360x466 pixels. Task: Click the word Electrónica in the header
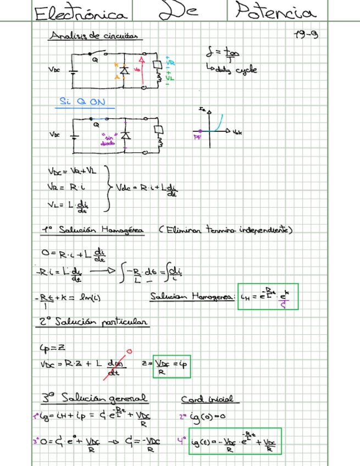[x=81, y=14]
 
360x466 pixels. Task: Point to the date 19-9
[x=306, y=35]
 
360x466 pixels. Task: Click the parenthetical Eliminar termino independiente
[x=225, y=230]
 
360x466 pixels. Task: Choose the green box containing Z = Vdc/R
[x=171, y=365]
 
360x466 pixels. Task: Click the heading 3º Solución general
[x=95, y=398]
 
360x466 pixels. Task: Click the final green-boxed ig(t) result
[x=235, y=441]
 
